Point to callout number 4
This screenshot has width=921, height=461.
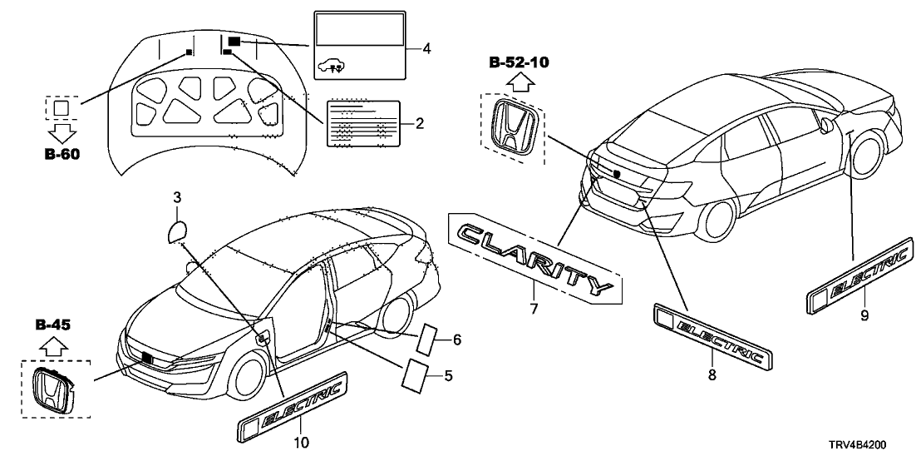click(x=426, y=48)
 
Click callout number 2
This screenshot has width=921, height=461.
click(x=420, y=125)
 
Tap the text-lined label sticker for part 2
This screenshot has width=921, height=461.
click(x=362, y=124)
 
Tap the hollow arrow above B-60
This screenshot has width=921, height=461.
click(x=62, y=133)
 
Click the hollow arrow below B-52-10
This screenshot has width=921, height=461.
click(x=519, y=81)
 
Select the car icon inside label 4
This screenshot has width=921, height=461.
click(x=329, y=63)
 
